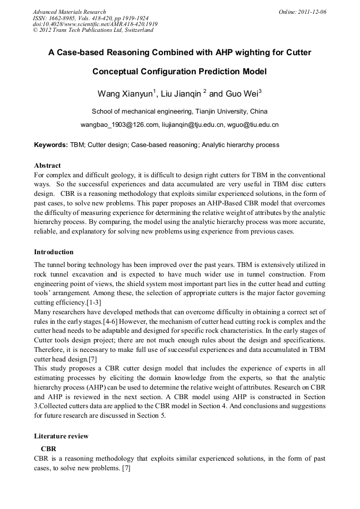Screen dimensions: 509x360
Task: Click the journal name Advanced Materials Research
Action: point(69,12)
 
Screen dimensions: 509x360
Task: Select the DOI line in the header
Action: point(95,24)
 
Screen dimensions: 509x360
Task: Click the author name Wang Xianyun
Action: point(125,94)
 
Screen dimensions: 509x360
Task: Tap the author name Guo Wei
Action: point(242,94)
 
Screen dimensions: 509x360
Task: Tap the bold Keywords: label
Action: point(50,145)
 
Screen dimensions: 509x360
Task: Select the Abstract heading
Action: point(47,165)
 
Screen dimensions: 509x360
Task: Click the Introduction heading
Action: point(54,252)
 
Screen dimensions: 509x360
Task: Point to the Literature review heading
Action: point(61,436)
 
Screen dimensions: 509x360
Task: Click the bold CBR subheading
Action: point(48,448)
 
